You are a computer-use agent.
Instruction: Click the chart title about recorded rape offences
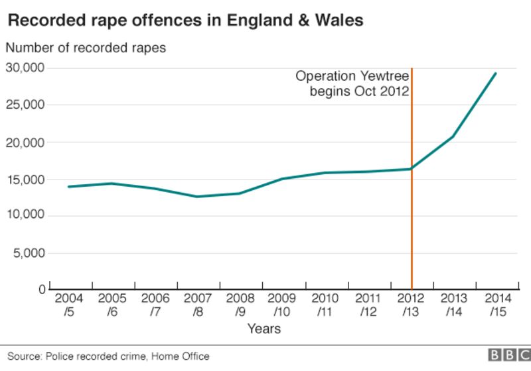(x=185, y=21)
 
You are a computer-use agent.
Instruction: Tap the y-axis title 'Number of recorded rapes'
(x=86, y=48)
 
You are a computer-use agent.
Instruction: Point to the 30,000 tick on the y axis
(x=25, y=68)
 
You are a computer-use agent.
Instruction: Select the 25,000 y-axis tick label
(x=25, y=105)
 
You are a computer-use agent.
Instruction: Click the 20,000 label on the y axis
(x=25, y=142)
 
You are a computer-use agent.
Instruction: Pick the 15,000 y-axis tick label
(x=25, y=180)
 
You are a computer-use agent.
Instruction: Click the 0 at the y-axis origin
(x=40, y=290)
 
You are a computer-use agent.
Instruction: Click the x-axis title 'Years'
(x=264, y=329)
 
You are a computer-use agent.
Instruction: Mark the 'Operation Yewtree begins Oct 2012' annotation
(x=352, y=83)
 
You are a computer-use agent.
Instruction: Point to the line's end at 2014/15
(x=496, y=74)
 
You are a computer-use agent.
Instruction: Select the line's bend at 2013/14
(x=453, y=136)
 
